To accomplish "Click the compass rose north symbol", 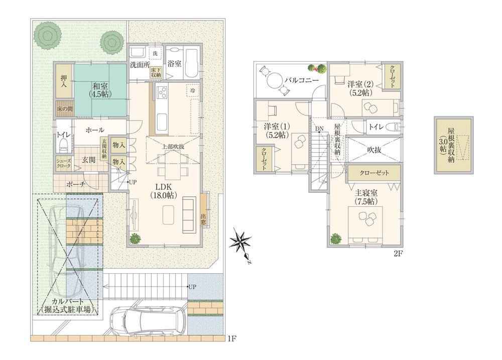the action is (x=242, y=245).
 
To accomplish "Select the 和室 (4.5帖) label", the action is (x=100, y=90).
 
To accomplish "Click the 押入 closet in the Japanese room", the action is (x=64, y=81).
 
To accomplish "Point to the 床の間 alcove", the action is (x=65, y=108).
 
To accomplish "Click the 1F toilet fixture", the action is (x=64, y=145).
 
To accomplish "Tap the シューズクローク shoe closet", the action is (x=64, y=163).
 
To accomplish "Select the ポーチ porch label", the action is (x=76, y=184).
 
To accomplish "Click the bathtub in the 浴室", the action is (x=192, y=64).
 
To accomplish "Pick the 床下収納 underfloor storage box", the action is (x=156, y=72).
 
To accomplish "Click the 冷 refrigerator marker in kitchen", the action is (x=192, y=91).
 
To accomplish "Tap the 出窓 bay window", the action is (x=204, y=210).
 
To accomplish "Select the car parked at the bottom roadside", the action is (x=147, y=321).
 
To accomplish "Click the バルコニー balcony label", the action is (x=301, y=80).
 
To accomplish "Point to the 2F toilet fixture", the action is (x=392, y=127).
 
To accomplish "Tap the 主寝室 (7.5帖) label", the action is (x=366, y=197).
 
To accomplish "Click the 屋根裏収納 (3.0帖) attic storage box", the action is (x=453, y=145).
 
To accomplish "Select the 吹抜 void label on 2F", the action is (x=373, y=149).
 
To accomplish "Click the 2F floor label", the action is (x=398, y=254).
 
